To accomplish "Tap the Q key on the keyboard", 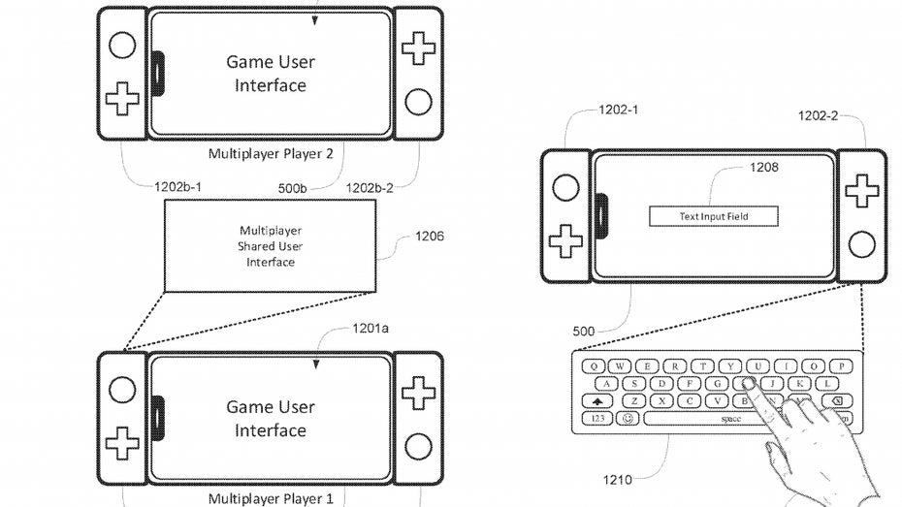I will pyautogui.click(x=593, y=366).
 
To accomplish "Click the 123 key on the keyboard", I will pyautogui.click(x=596, y=419).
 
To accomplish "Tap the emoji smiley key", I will pyautogui.click(x=628, y=419).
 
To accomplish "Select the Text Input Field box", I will pyautogui.click(x=714, y=216).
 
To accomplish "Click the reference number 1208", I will pyautogui.click(x=764, y=168).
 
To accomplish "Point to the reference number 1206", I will pyautogui.click(x=429, y=236).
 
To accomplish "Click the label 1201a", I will pyautogui.click(x=369, y=329).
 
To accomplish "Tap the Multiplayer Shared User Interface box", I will pyautogui.click(x=270, y=246).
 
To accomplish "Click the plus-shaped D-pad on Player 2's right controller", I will pyautogui.click(x=419, y=47).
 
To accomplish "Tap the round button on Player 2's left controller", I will pyautogui.click(x=121, y=45).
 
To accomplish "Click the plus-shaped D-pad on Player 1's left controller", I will pyautogui.click(x=121, y=443).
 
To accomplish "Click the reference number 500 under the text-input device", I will pyautogui.click(x=584, y=331).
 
